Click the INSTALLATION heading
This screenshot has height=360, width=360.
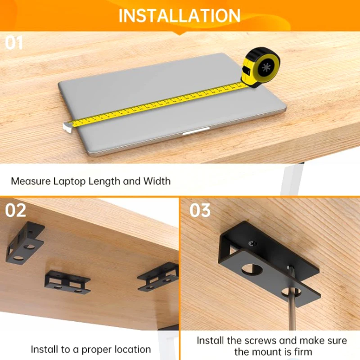180,15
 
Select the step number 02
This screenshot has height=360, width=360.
16,211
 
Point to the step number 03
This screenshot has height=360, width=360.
200,211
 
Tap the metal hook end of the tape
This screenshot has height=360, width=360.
67,126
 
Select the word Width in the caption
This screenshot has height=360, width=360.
157,181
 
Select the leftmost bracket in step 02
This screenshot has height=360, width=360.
25,243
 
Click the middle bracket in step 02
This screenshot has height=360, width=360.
67,282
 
